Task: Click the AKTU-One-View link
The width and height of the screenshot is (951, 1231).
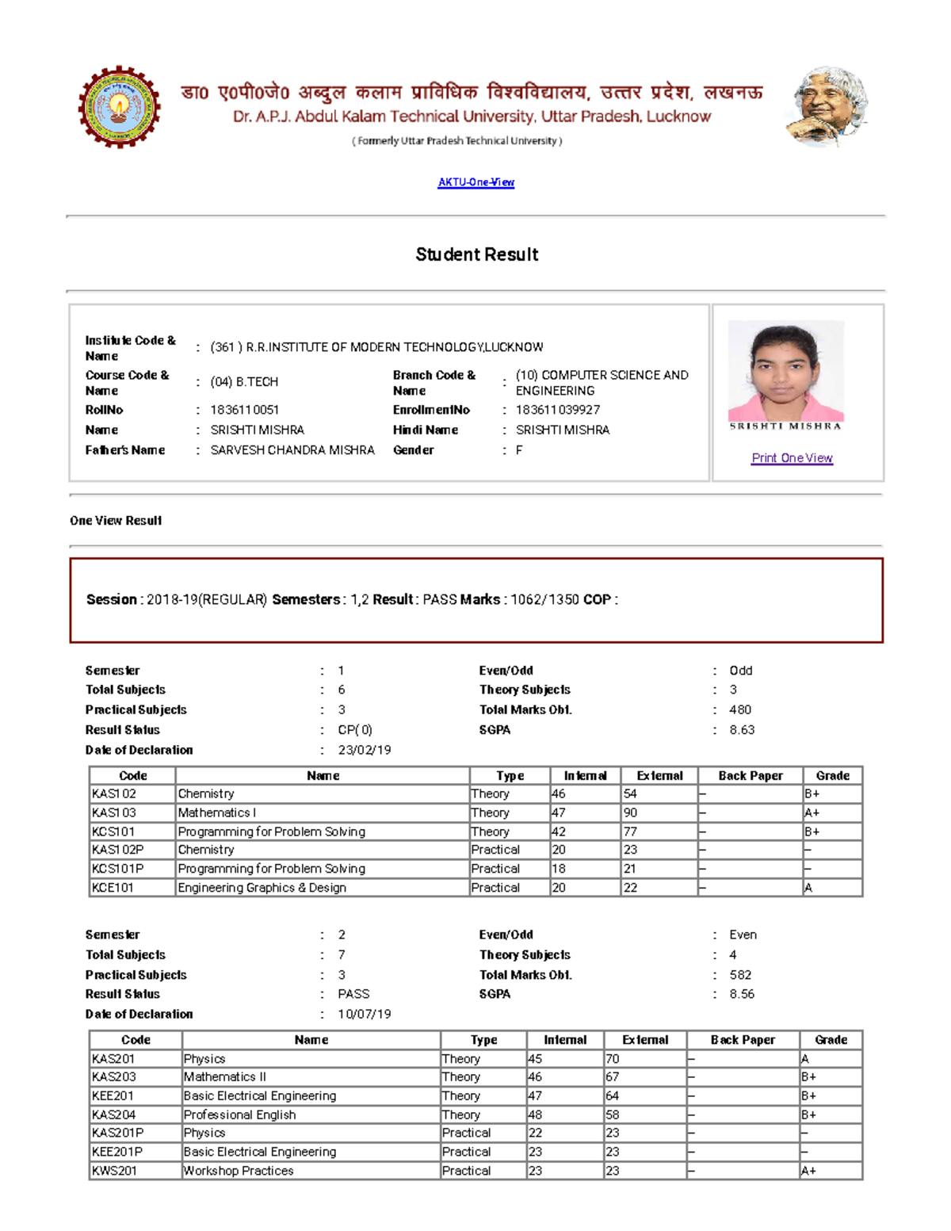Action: (475, 182)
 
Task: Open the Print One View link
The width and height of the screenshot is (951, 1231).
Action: (792, 458)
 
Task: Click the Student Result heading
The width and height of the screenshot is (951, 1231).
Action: (476, 254)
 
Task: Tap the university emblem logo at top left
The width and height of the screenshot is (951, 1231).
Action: (119, 107)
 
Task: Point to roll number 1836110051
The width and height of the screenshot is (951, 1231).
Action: (244, 410)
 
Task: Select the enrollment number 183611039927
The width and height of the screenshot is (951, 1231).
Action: (557, 410)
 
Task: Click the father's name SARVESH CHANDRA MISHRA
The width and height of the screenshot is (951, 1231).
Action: (292, 450)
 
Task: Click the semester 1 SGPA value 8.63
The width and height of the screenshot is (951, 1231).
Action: (742, 730)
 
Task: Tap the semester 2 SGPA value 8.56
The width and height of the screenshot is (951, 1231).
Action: (742, 994)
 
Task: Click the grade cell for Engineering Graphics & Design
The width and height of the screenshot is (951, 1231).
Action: (831, 888)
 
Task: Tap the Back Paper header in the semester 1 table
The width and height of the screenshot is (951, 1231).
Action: (750, 776)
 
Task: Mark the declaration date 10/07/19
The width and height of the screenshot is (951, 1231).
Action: (365, 1014)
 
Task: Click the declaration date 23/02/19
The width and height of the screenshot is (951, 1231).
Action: (365, 750)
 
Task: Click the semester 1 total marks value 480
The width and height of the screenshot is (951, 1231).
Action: (740, 710)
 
